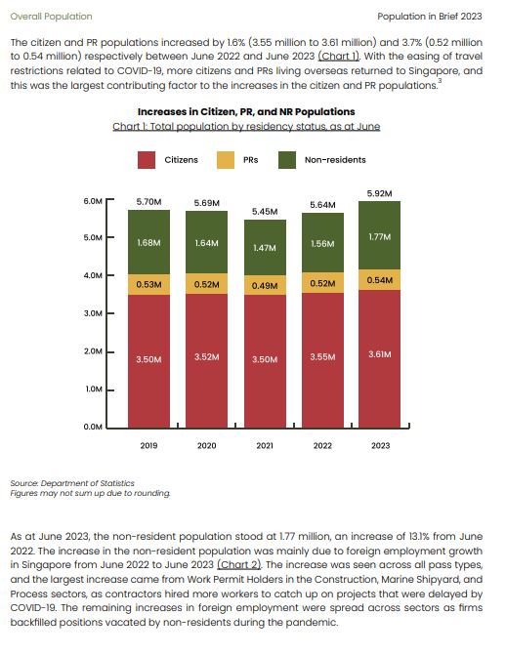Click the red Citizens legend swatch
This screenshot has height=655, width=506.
click(147, 160)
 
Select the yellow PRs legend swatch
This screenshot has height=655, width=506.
click(226, 160)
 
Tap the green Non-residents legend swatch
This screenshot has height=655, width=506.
click(287, 160)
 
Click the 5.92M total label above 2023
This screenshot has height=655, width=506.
click(380, 193)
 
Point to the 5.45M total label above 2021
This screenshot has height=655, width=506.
click(265, 212)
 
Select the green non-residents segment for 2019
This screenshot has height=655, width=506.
click(148, 242)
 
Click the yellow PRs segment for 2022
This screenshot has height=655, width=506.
click(322, 283)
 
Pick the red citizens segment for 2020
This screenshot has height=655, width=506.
click(206, 360)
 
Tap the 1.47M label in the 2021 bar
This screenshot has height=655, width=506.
click(265, 248)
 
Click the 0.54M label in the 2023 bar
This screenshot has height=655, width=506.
click(380, 280)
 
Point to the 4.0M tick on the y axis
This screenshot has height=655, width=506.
click(93, 275)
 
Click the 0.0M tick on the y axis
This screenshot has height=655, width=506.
click(93, 427)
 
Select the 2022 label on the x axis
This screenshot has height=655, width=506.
click(322, 446)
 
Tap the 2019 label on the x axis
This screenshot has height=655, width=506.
click(148, 446)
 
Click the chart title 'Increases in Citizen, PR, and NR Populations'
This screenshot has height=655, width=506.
click(246, 112)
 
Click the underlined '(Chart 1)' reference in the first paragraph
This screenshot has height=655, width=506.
click(339, 57)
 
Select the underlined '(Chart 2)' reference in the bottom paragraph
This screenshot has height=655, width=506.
click(238, 565)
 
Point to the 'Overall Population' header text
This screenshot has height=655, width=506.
click(51, 17)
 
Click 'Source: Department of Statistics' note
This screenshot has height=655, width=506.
click(72, 483)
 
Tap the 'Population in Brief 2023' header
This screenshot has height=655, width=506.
click(430, 17)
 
